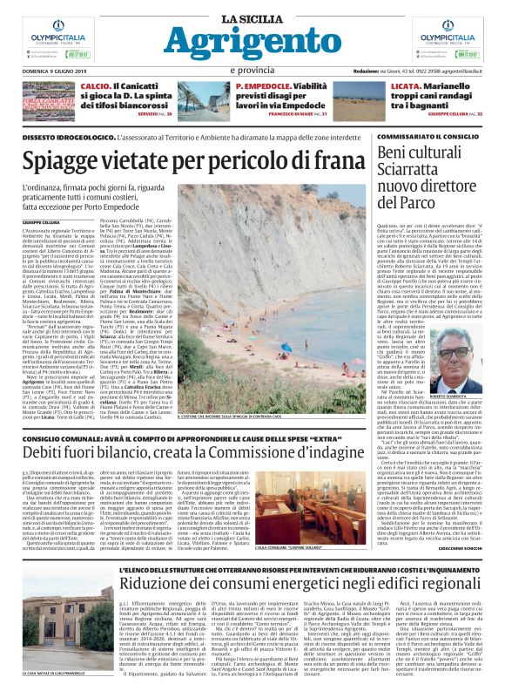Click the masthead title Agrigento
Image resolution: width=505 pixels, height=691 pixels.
tap(252, 42)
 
